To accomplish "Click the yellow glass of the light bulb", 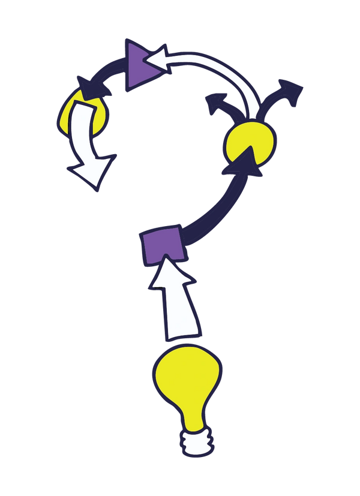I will point(186,380).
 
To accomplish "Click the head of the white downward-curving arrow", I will point(92,172).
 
